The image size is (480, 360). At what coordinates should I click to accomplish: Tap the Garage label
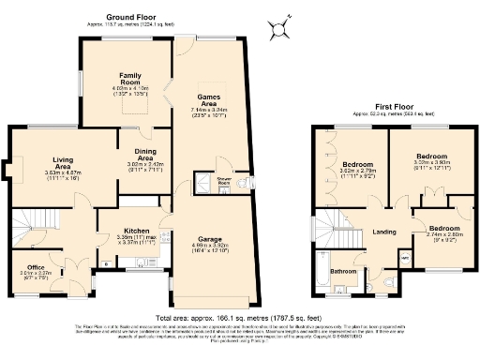pos(209,239)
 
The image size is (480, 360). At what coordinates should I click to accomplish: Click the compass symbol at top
pos(277,34)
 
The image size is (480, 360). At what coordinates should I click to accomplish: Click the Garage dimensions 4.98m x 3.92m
pos(209,248)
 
